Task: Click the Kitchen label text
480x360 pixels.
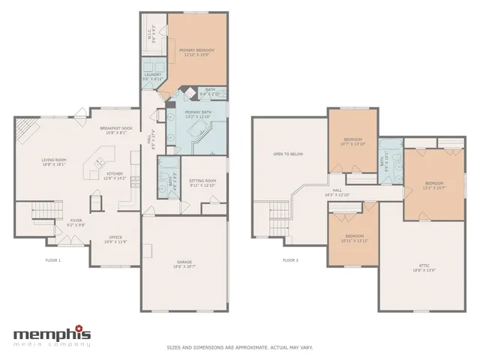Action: [x=114, y=175]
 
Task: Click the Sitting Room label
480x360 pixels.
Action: [x=202, y=181]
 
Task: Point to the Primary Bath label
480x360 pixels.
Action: [x=197, y=113]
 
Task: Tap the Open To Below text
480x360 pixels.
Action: [x=287, y=154]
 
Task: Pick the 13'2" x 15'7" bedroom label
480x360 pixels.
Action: [x=434, y=185]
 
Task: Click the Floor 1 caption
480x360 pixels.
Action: [x=52, y=260]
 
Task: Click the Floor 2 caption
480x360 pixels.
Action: [x=290, y=260]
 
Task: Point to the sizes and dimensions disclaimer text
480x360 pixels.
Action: [x=239, y=348]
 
